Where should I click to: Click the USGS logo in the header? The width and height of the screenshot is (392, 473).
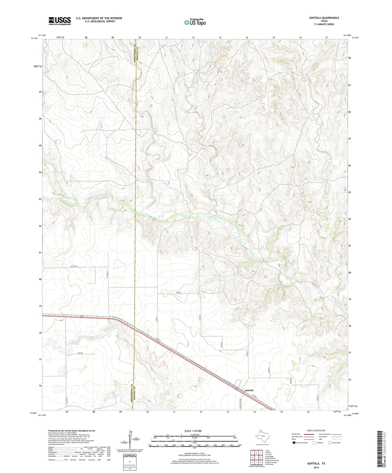tap(60, 21)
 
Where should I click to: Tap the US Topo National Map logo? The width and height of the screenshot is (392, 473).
tap(194, 22)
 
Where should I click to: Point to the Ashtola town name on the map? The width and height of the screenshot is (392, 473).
tap(249, 390)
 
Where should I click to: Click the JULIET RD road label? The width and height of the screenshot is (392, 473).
tap(74, 267)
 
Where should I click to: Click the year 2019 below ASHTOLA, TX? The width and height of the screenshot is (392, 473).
tap(316, 468)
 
